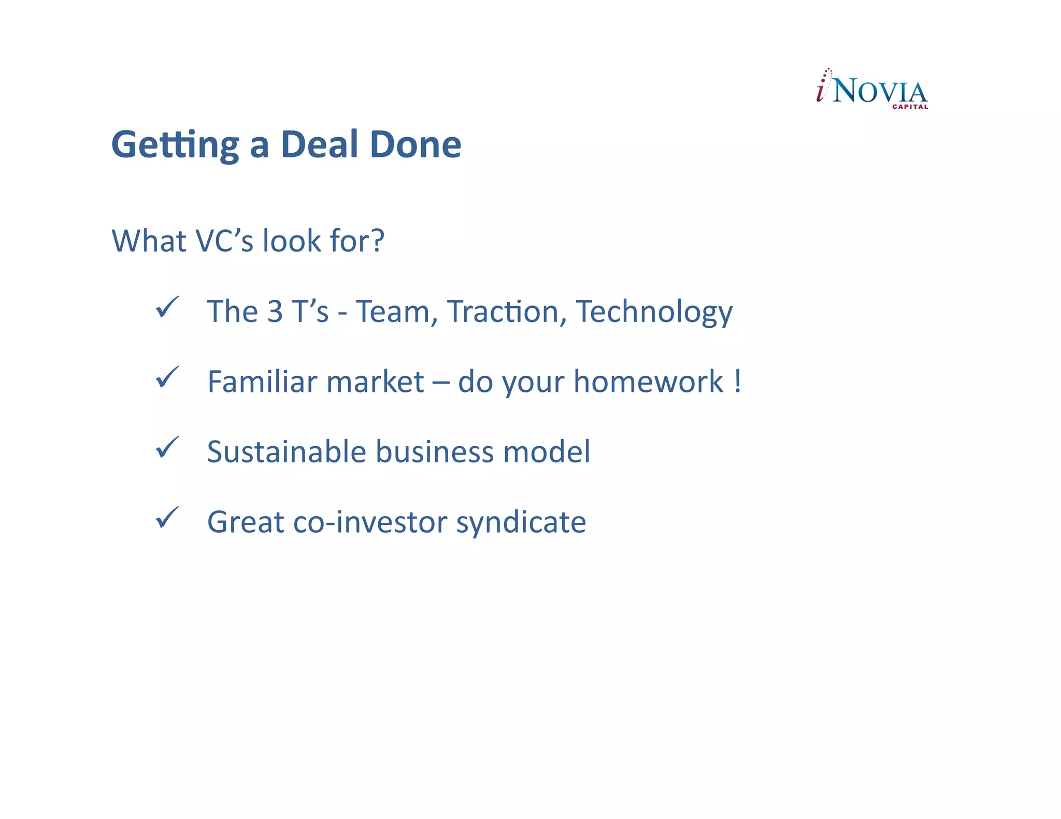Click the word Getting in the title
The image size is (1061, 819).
tap(175, 145)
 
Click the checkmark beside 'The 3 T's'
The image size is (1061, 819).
tap(167, 308)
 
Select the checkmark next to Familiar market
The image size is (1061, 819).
tap(167, 377)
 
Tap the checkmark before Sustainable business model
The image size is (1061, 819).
tap(167, 448)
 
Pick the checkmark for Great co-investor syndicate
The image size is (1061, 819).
tap(167, 518)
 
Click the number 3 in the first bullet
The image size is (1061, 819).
tap(275, 312)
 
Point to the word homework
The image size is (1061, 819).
tap(648, 382)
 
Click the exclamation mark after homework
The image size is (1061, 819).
tap(737, 382)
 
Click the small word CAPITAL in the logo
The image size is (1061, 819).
tap(910, 107)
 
